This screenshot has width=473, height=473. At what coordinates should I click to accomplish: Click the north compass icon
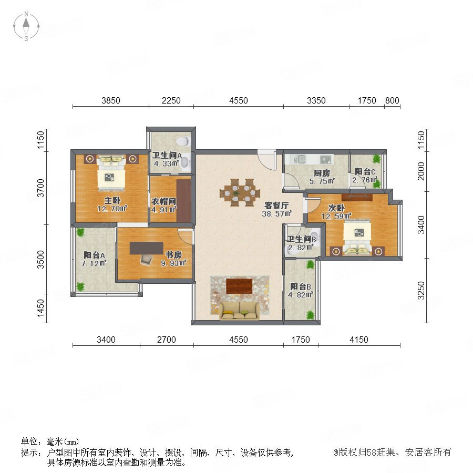coord(26,26)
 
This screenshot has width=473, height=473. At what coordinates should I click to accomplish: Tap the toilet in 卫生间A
coord(183,141)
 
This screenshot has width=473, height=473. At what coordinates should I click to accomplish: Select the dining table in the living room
coord(240,192)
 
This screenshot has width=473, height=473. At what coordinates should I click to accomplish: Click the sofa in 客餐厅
coord(240,311)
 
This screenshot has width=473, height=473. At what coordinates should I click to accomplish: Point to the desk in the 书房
coord(146,248)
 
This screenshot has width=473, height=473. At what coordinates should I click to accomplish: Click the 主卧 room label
coord(112,200)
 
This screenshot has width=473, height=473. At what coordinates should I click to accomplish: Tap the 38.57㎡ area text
coord(276,213)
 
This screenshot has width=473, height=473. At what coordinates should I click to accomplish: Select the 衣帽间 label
coord(164,201)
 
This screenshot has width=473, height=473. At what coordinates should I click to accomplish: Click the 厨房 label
coord(322,173)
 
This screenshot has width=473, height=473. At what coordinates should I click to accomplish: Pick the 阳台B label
coord(301,286)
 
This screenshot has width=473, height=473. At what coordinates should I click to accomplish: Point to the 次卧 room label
coord(336,208)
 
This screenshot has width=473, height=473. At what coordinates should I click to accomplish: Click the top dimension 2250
coord(171,100)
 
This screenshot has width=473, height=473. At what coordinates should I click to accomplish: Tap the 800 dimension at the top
coord(392,100)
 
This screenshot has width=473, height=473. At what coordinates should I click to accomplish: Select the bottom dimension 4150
coord(358,340)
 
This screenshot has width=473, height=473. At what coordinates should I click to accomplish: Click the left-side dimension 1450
coord(40,309)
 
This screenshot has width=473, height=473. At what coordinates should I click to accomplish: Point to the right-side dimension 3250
coord(421,291)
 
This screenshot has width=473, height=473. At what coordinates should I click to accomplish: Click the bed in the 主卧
coord(111,172)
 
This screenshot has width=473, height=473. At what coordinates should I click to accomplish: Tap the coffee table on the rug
coord(239,286)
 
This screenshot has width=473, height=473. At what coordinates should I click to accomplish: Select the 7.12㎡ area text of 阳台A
coord(94,263)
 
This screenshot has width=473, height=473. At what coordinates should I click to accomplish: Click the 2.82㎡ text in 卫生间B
coord(301,248)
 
